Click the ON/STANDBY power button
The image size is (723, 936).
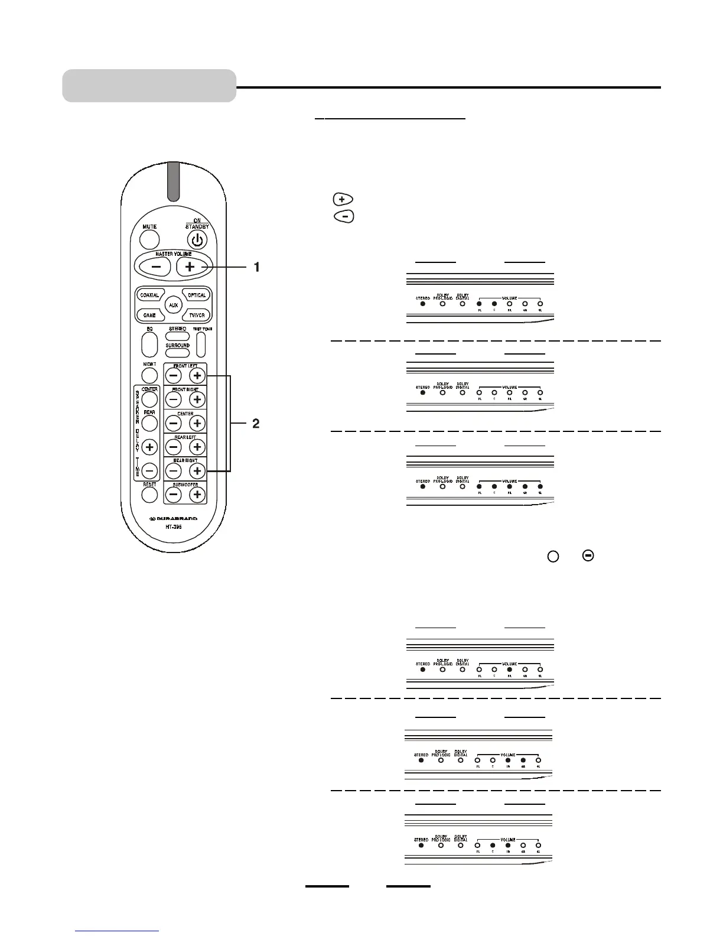197,239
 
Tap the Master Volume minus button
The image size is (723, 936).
156,267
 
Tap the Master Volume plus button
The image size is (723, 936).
190,267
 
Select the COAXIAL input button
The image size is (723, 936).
149,295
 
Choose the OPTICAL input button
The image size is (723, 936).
197,295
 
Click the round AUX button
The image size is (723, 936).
173,305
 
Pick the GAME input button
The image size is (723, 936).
149,316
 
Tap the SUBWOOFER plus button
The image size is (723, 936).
197,495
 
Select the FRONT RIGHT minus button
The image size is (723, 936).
173,399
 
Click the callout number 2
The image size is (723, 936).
256,424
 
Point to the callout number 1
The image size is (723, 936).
256,267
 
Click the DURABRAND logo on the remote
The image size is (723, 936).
173,519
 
